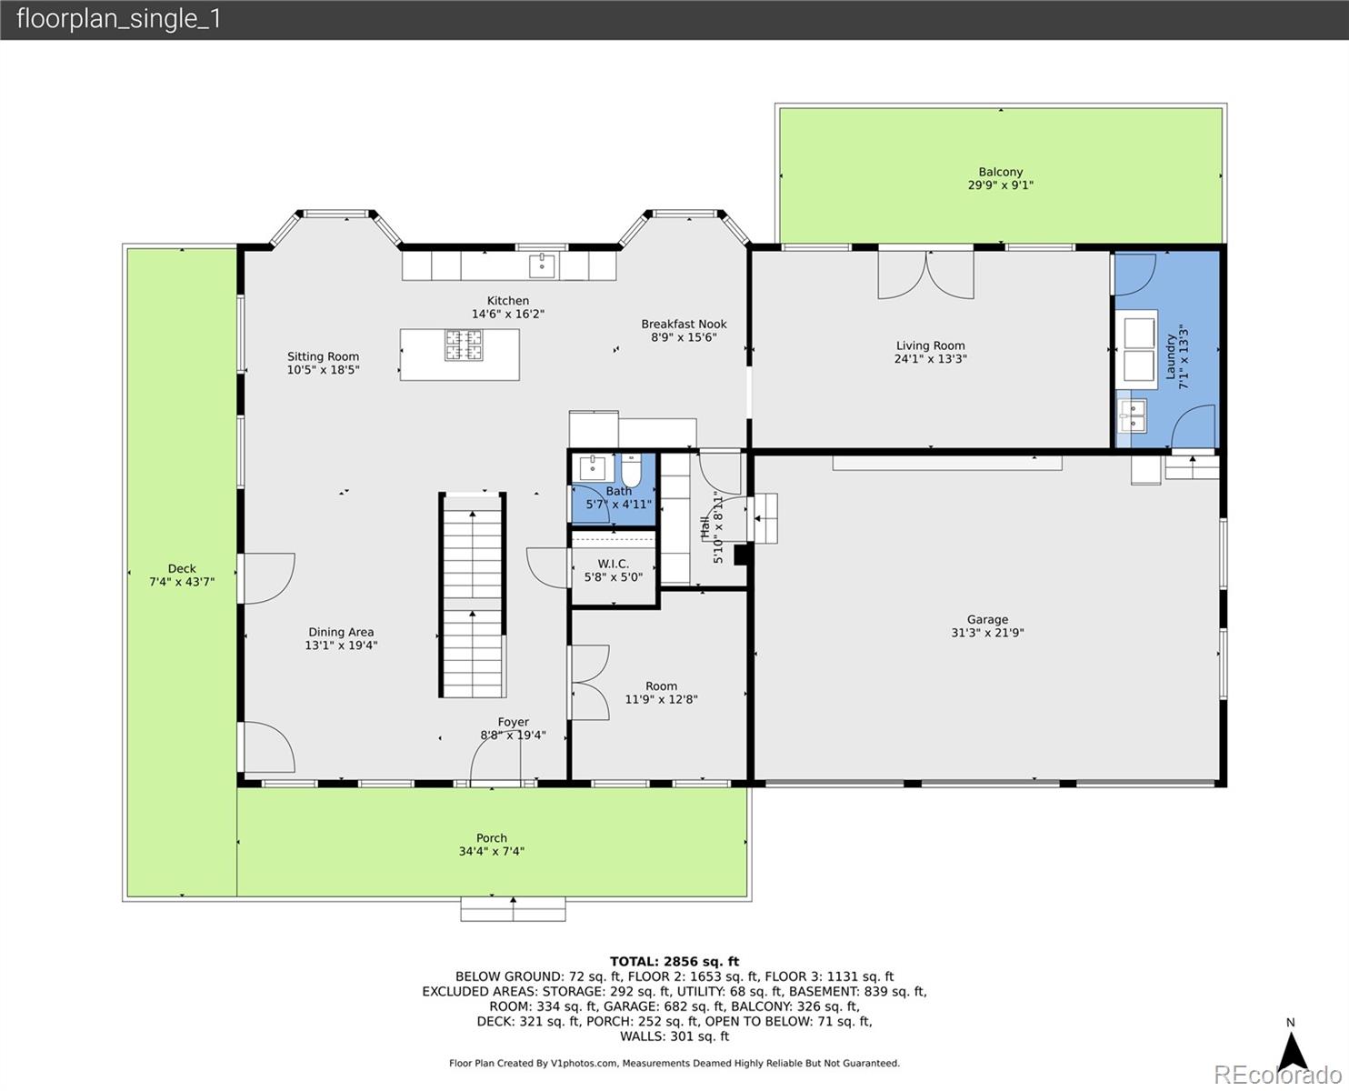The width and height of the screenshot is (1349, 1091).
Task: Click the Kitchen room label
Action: coord(507,301)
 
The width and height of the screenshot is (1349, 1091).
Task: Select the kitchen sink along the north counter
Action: coord(542,265)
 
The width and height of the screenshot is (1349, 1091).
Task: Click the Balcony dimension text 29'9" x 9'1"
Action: coord(1000,185)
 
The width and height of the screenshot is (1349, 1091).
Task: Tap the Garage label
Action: coord(987,619)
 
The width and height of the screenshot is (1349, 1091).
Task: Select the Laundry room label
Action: coord(1171,356)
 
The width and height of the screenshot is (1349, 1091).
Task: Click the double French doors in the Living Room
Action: coord(925,274)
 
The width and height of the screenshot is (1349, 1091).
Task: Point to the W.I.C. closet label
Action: coord(614,564)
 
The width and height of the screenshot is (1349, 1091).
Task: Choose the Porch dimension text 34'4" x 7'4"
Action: coord(492,852)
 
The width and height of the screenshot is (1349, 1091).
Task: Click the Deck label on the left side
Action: coord(182,568)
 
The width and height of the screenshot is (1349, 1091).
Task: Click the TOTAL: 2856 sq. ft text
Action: coord(674,961)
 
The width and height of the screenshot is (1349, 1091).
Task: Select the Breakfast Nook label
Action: coord(684,324)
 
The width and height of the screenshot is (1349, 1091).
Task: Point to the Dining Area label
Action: coord(341,632)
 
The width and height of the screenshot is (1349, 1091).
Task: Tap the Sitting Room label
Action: coord(323,356)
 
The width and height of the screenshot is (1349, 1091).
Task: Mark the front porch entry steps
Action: coord(513,909)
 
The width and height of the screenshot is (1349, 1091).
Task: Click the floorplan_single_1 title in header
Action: coord(119,19)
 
